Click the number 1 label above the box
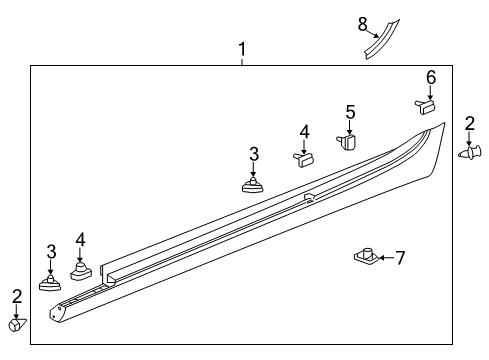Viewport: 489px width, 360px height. point(241,49)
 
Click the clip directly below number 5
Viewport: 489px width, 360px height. point(348,142)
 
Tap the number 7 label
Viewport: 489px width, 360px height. point(400,258)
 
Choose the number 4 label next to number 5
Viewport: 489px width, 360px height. point(304,131)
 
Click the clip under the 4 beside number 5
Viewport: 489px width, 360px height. point(303,156)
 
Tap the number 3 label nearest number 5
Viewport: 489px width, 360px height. point(254,153)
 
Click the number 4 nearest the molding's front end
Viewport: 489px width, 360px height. point(81,239)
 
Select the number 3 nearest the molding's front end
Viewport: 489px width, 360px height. point(51,251)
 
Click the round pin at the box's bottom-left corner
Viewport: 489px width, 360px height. point(16,325)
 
